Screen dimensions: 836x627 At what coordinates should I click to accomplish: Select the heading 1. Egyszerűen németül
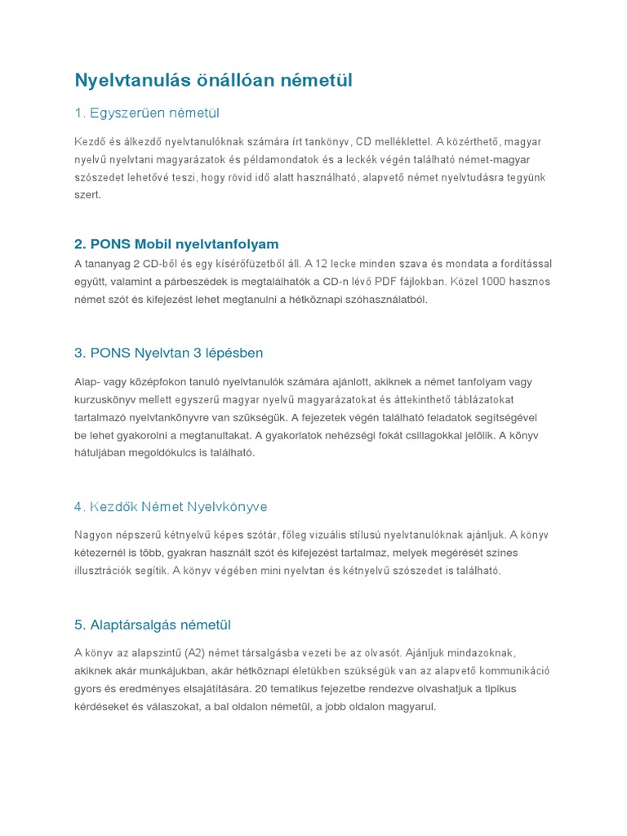pos(147,113)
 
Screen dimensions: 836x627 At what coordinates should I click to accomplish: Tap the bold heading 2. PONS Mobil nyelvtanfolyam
pos(176,244)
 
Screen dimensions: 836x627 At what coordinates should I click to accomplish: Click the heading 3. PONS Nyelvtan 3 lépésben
pos(168,353)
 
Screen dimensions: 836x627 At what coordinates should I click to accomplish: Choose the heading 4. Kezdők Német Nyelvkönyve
pos(170,507)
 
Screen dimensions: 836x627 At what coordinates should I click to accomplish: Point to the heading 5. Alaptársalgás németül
pos(153,625)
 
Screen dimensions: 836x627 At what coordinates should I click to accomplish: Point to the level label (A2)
pos(198,653)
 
